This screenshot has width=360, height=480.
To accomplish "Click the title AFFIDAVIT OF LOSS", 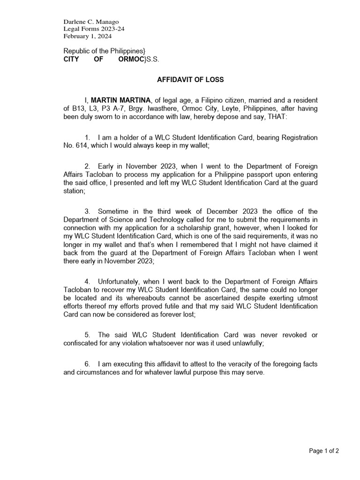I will point(190,80).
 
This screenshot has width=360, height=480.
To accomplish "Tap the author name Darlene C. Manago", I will point(91,22).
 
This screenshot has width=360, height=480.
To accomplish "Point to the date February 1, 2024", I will point(85,36).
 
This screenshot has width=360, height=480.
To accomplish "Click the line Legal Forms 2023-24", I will point(94,29).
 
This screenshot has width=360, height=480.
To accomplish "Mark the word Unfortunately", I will point(119,281).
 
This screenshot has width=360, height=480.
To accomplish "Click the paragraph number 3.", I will point(87,211).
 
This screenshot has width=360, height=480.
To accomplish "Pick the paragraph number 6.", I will point(87,364).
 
